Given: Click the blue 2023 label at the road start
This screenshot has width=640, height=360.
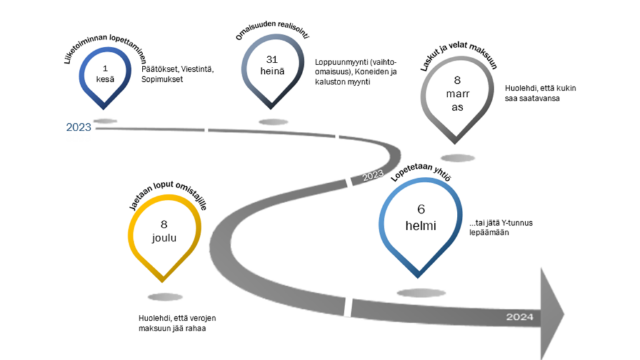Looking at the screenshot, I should [x=79, y=127].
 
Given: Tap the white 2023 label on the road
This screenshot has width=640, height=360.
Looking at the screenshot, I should [x=372, y=175].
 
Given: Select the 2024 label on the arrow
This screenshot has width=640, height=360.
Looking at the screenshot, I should [x=519, y=317].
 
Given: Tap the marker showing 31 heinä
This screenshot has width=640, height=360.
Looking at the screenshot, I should [x=271, y=69].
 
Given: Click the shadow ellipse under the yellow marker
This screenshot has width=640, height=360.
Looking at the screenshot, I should [x=166, y=297].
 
